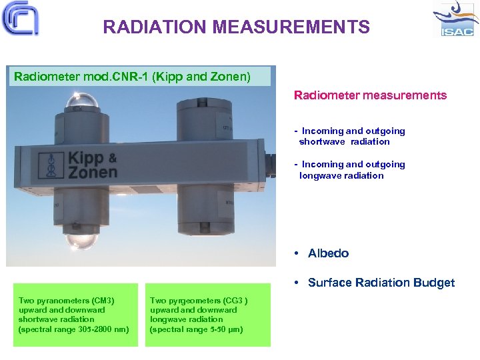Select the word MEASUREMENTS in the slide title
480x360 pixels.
(291, 27)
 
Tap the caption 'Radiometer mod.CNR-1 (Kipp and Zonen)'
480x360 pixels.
(133, 77)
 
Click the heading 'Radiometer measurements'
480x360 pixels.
(370, 95)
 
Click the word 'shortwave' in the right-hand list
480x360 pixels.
(322, 142)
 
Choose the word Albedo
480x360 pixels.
(328, 253)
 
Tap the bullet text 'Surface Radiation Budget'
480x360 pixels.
(381, 283)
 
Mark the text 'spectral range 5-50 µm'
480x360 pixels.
(198, 329)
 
